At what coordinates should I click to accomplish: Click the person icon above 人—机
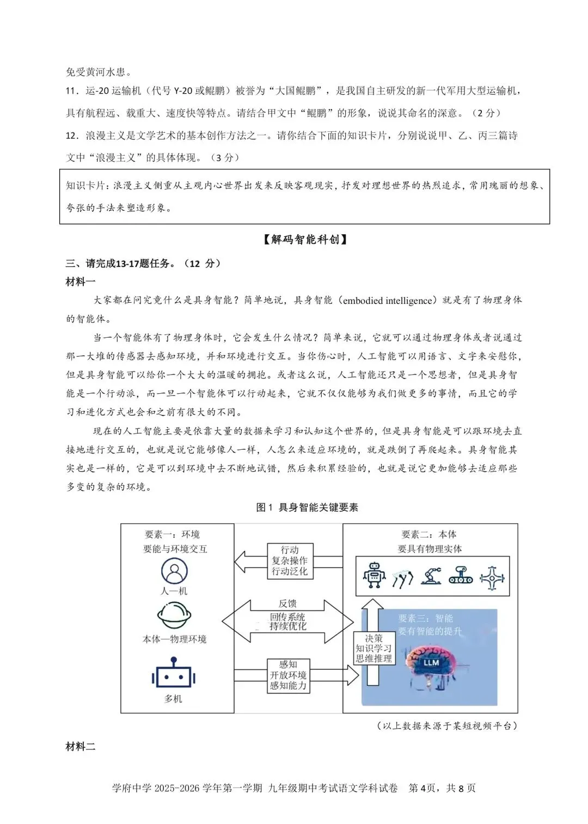(174, 571)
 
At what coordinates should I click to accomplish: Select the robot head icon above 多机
(174, 674)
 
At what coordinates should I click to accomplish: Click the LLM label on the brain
(431, 662)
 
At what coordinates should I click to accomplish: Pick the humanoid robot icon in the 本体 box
(373, 576)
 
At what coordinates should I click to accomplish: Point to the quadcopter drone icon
(492, 577)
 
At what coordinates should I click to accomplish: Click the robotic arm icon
(431, 576)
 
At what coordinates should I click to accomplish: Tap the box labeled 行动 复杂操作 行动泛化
(290, 560)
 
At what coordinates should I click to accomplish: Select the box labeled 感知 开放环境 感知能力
(289, 675)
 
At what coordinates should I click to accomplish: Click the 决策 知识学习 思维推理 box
(373, 648)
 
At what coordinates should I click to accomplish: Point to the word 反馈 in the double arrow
(287, 603)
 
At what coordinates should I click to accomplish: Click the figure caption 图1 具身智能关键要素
(307, 508)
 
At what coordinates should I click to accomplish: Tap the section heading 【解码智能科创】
(304, 239)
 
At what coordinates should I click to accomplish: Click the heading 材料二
(80, 746)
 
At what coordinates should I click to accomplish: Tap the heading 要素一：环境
(172, 534)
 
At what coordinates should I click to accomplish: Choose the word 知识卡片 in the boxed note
(85, 186)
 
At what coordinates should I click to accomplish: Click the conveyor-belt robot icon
(461, 576)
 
